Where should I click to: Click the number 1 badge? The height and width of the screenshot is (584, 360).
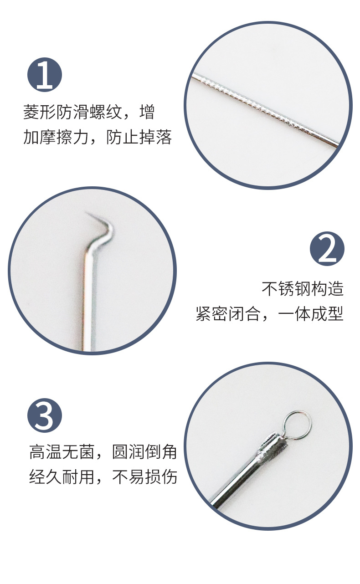[45, 75]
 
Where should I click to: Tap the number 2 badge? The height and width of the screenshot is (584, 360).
[327, 249]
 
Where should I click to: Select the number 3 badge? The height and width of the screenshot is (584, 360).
[45, 415]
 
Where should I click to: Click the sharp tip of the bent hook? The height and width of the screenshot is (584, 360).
[87, 213]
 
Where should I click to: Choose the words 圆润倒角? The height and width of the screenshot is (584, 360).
[144, 452]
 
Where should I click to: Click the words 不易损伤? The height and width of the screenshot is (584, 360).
[144, 477]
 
